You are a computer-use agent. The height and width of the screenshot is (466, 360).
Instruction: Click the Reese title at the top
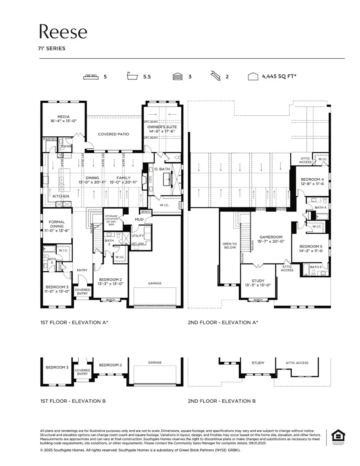pyautogui.click(x=63, y=32)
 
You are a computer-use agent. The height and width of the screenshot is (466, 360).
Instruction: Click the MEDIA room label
pyautogui.click(x=63, y=117)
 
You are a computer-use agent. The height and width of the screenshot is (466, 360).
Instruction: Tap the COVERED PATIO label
pyautogui.click(x=114, y=134)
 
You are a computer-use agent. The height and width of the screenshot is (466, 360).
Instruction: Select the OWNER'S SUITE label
pyautogui.click(x=162, y=127)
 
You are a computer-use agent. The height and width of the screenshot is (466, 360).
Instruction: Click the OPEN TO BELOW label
pyautogui.click(x=230, y=245)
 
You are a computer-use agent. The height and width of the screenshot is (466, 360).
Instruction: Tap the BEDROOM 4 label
pyautogui.click(x=312, y=179)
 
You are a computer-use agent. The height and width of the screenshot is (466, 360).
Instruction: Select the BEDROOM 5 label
pyautogui.click(x=310, y=247)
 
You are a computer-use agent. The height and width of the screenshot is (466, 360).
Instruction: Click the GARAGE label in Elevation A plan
pyautogui.click(x=155, y=283)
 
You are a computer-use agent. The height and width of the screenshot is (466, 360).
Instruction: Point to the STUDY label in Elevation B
pyautogui.click(x=258, y=363)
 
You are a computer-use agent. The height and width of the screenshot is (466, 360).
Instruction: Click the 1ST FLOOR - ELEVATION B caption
pyautogui.click(x=73, y=401)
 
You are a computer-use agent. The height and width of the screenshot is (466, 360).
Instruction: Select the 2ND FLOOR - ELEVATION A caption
pyautogui.click(x=223, y=322)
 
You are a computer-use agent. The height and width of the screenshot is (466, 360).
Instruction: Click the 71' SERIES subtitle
pyautogui.click(x=52, y=49)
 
